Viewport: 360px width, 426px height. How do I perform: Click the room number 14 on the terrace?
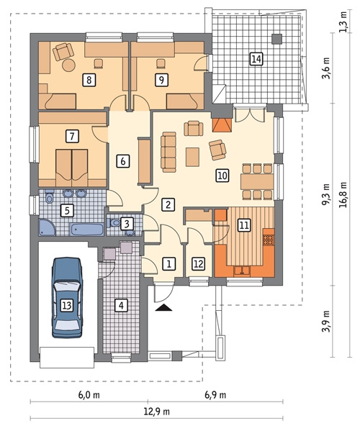(x=256, y=59)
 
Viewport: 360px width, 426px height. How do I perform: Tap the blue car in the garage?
(x=67, y=297)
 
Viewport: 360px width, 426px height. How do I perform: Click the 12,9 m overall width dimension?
(x=157, y=412)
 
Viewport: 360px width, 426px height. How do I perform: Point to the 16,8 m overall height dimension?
(x=343, y=194)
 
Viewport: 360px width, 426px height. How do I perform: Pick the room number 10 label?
(x=222, y=176)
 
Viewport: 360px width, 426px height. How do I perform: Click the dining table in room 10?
(x=257, y=182)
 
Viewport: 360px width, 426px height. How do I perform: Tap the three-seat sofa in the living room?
(x=168, y=152)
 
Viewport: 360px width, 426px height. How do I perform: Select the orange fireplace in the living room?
(x=222, y=125)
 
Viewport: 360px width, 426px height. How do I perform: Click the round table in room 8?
(x=68, y=65)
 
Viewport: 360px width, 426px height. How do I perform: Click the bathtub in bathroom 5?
(x=86, y=230)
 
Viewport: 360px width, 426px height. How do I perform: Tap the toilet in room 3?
(x=114, y=222)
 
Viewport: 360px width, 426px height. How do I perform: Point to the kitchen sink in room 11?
(x=242, y=271)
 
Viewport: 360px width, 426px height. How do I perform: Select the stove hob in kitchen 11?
(x=269, y=240)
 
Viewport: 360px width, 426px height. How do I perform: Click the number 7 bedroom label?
(x=72, y=136)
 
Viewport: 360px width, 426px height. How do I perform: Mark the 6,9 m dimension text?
(x=215, y=395)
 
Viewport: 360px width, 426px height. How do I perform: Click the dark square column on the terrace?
(x=277, y=39)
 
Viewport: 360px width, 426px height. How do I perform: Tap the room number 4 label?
(x=121, y=305)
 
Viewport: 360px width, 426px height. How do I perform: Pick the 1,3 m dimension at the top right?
(x=343, y=22)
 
